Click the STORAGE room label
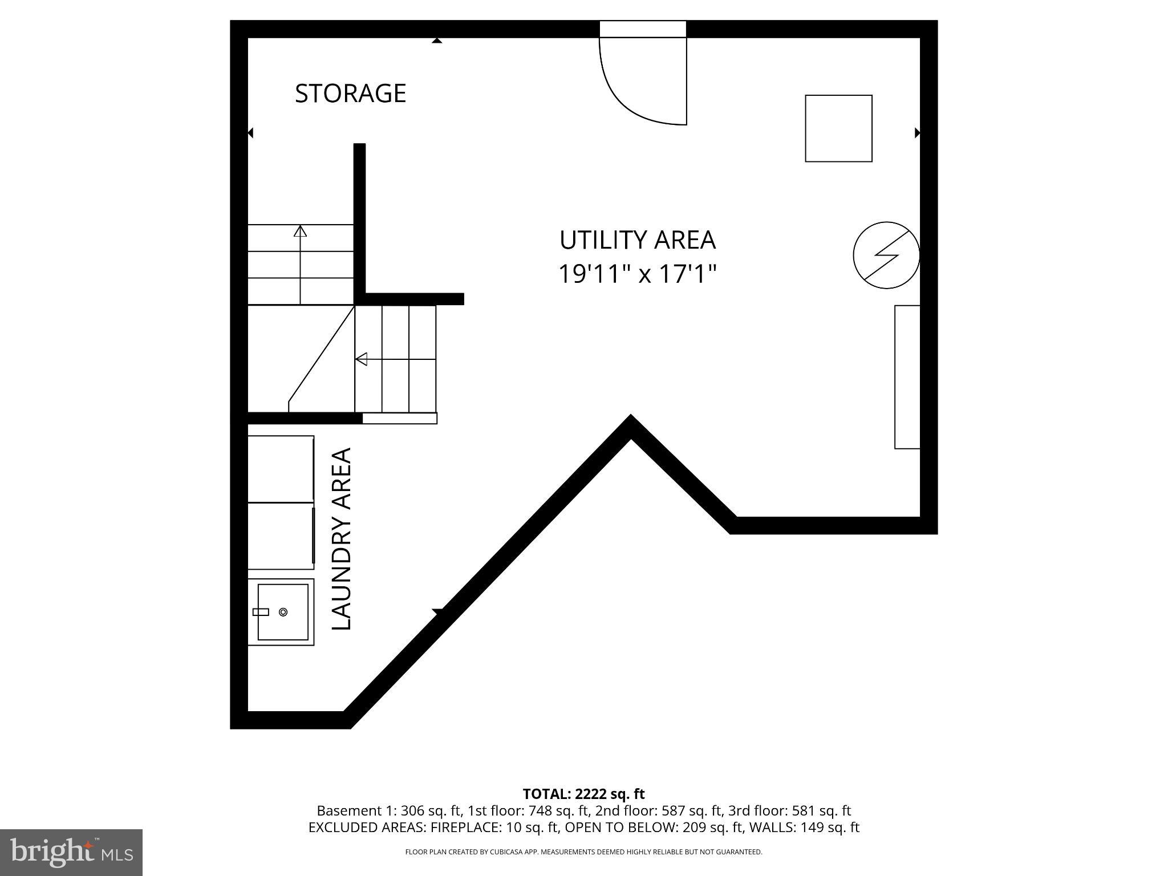350,94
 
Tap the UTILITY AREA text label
637,240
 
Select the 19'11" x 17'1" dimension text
636,274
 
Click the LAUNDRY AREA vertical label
342,539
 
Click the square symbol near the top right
838,128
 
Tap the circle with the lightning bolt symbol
886,255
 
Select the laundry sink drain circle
283,612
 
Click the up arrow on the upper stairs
300,231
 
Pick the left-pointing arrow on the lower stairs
361,359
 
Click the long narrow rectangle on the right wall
907,377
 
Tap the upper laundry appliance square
281,469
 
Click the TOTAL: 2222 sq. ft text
583,794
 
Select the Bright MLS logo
71,852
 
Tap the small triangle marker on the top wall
437,40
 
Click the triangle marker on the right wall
917,133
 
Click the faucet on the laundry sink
261,612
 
